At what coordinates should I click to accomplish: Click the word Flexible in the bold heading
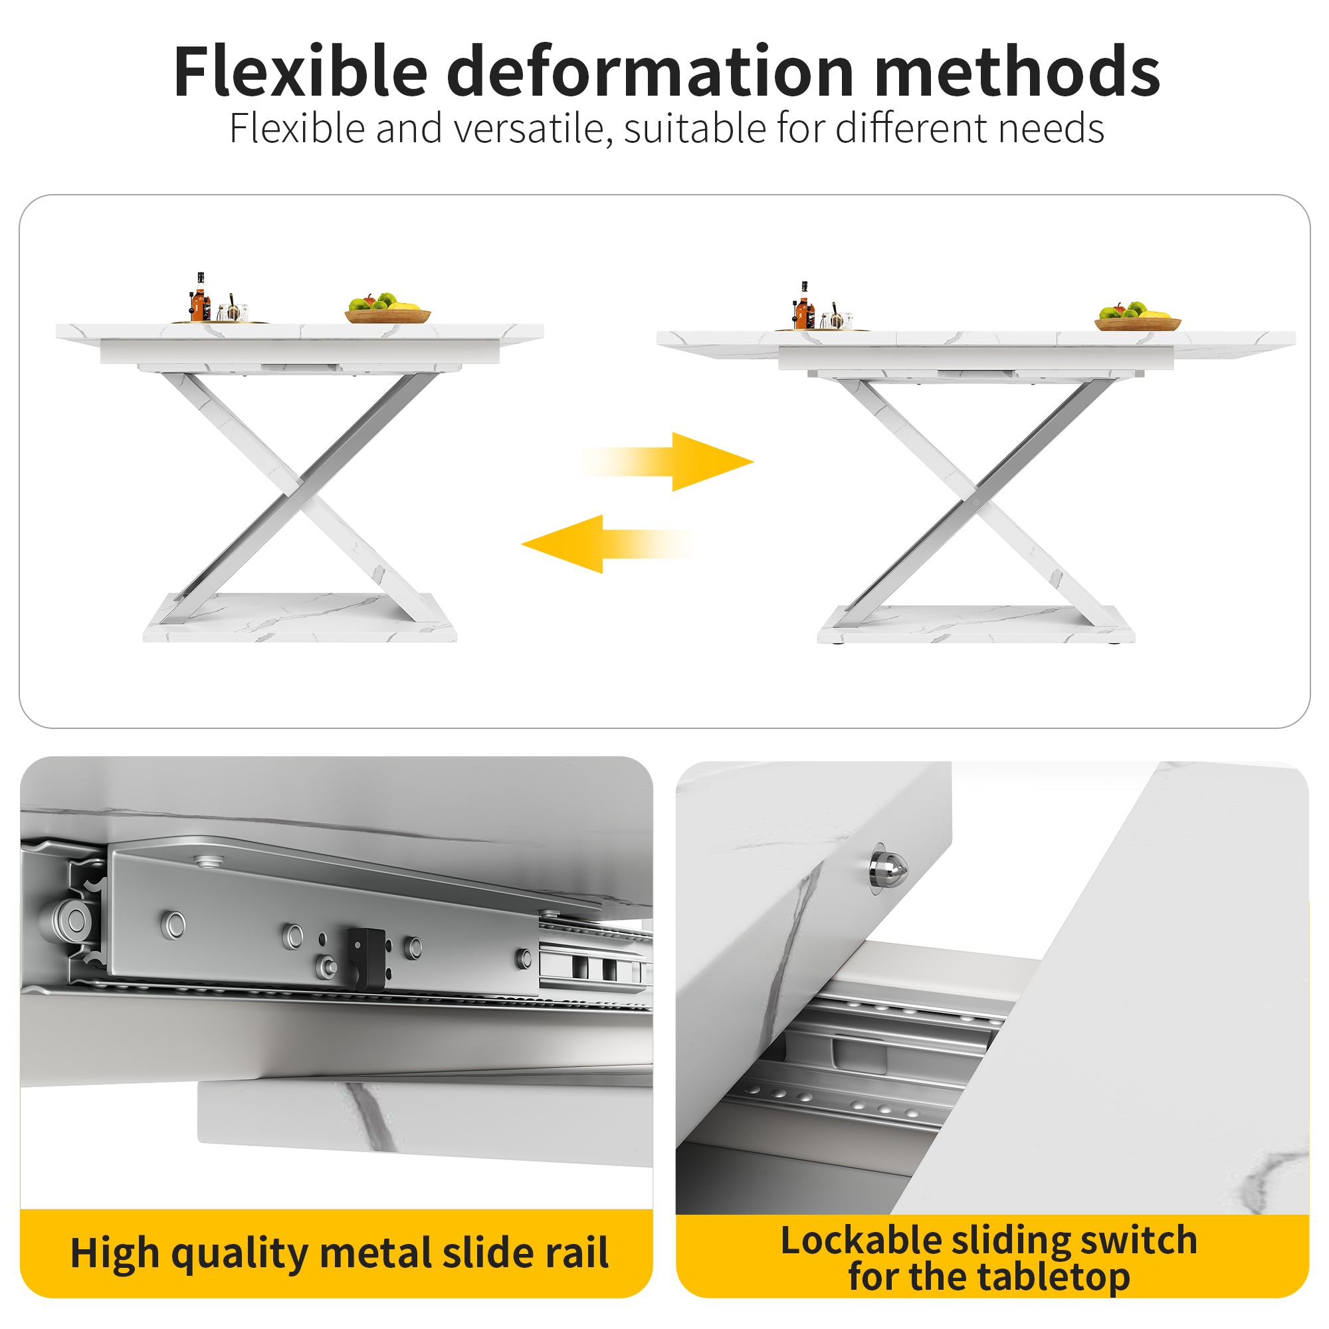(300, 72)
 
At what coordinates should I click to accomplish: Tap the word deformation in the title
(650, 72)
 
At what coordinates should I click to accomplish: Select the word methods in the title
(1017, 72)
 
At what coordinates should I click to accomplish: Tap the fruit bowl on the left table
(387, 310)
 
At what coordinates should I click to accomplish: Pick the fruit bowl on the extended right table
(1138, 317)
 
